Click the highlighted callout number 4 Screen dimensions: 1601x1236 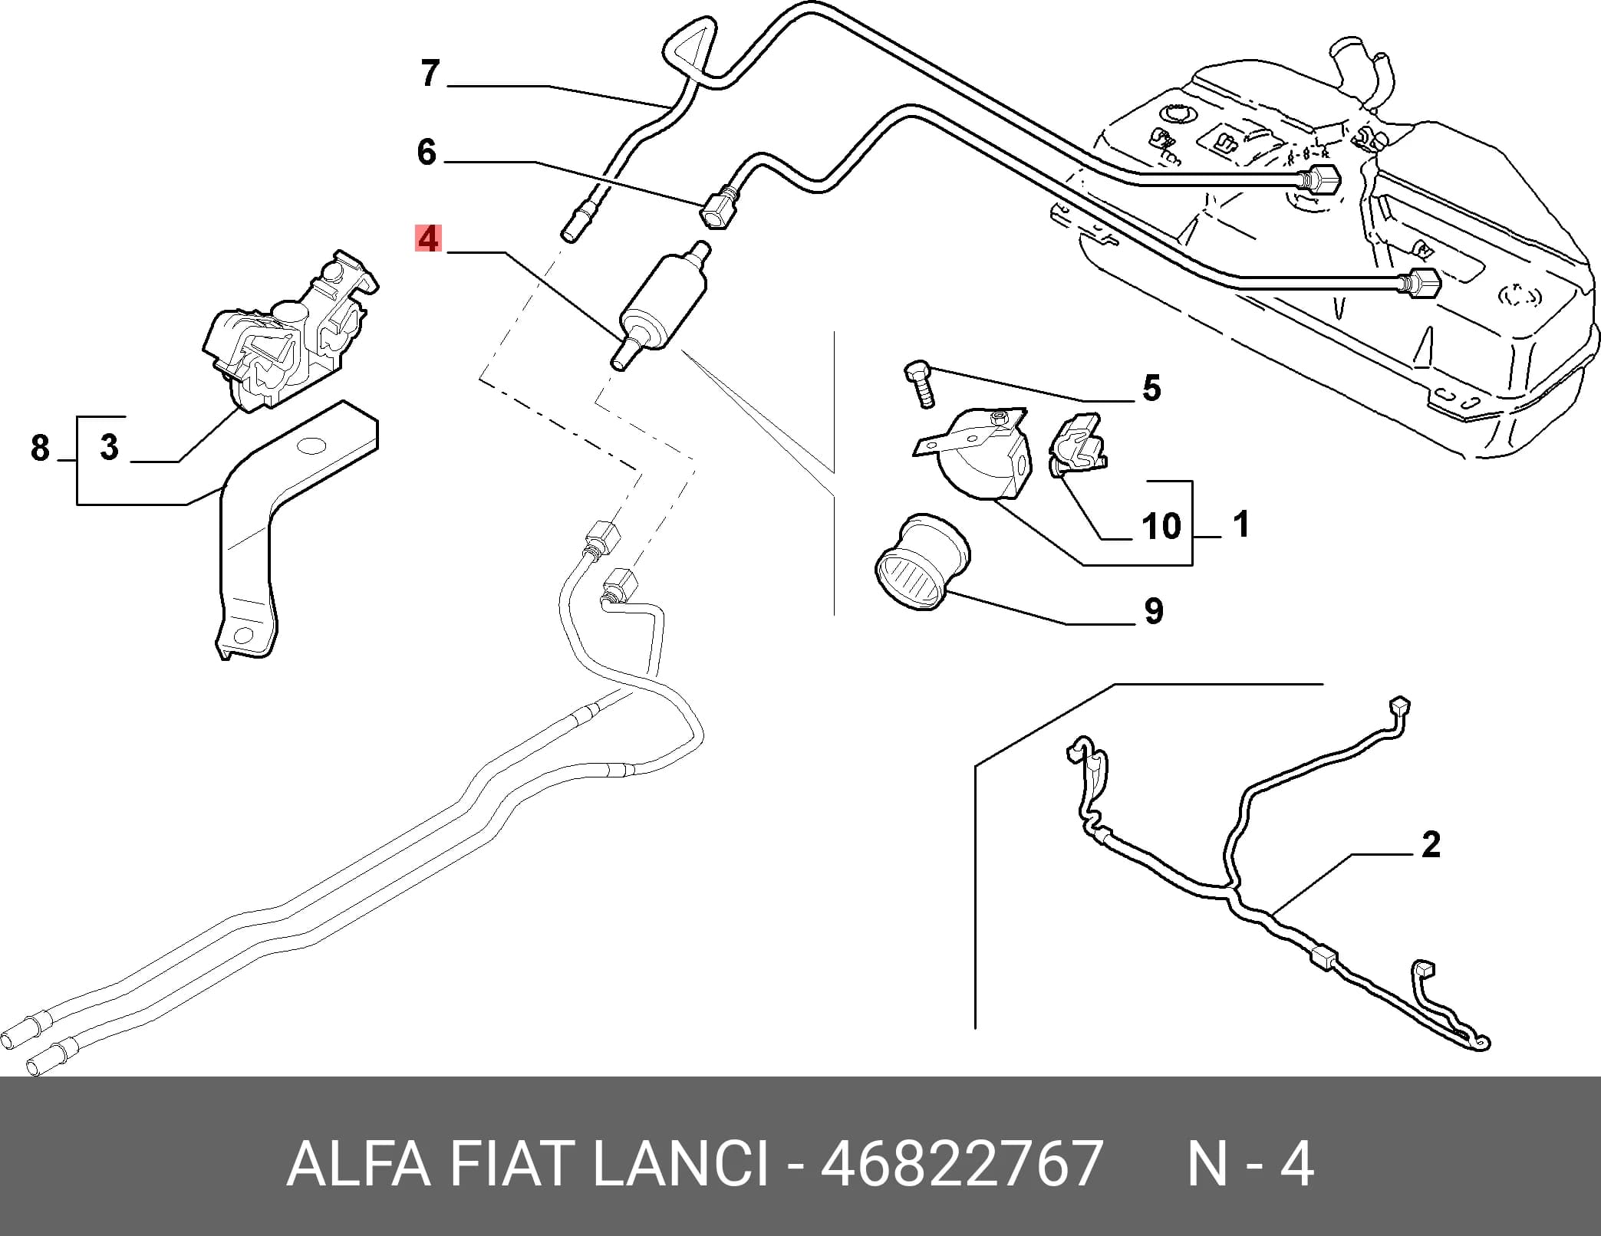point(428,238)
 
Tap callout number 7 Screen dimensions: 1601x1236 point(430,74)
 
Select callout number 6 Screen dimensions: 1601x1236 point(427,152)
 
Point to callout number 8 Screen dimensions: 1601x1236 point(40,448)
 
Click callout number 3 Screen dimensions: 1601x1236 point(110,446)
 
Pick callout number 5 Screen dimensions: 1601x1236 point(1151,388)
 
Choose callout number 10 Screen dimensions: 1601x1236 point(1161,526)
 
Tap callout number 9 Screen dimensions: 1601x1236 point(1153,611)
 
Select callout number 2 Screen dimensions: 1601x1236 point(1431,844)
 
